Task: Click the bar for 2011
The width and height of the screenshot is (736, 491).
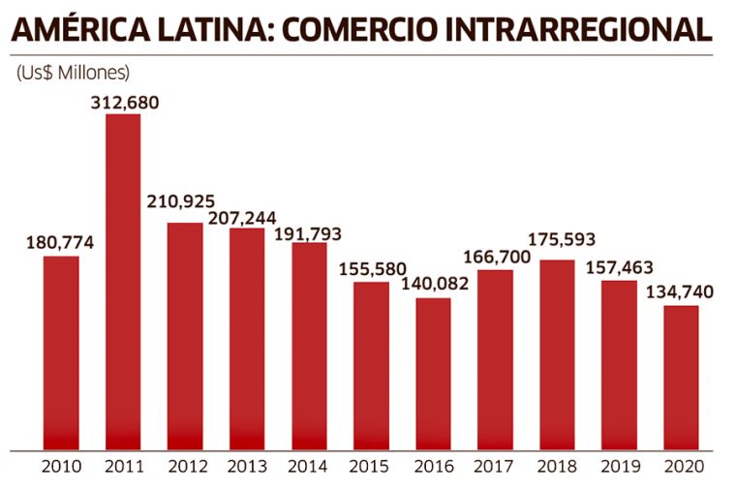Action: click(x=123, y=282)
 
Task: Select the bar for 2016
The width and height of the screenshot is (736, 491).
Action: click(x=433, y=374)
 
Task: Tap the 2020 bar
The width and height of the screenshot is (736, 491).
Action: click(x=681, y=378)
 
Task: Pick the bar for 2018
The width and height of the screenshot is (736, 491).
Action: click(x=557, y=354)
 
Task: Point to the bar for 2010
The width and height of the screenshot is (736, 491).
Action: click(x=61, y=353)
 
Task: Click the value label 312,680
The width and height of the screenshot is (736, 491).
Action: click(x=124, y=102)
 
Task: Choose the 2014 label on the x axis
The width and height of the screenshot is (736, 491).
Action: click(x=309, y=466)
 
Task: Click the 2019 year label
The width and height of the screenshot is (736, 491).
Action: click(x=619, y=466)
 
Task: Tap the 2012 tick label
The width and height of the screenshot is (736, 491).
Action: click(x=185, y=466)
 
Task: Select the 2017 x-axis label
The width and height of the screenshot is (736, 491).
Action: click(x=495, y=466)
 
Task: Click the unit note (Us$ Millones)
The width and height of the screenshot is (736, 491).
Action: click(x=73, y=73)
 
